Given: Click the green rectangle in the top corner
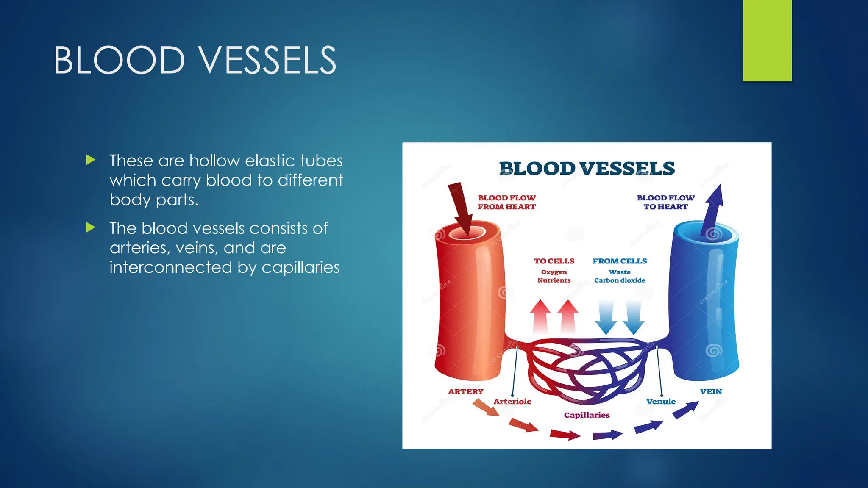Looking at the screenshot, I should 767,41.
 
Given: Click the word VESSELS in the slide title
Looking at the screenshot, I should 268,61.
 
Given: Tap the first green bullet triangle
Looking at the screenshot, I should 90,160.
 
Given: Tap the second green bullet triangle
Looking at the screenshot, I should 90,227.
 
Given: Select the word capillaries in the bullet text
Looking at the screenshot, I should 300,267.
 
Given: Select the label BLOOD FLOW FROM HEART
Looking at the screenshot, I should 506,202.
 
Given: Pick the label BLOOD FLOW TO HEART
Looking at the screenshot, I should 665,202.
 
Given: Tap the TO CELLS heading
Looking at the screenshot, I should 554,261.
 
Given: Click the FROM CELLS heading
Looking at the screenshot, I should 620,261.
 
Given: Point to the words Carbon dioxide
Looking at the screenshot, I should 620,280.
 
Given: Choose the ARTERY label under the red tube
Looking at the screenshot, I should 465,391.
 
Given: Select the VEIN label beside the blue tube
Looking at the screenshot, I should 711,391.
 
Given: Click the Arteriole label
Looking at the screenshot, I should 512,401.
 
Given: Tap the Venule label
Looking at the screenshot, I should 661,401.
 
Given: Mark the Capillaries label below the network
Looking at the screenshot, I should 587,415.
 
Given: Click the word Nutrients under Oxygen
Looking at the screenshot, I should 554,280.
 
